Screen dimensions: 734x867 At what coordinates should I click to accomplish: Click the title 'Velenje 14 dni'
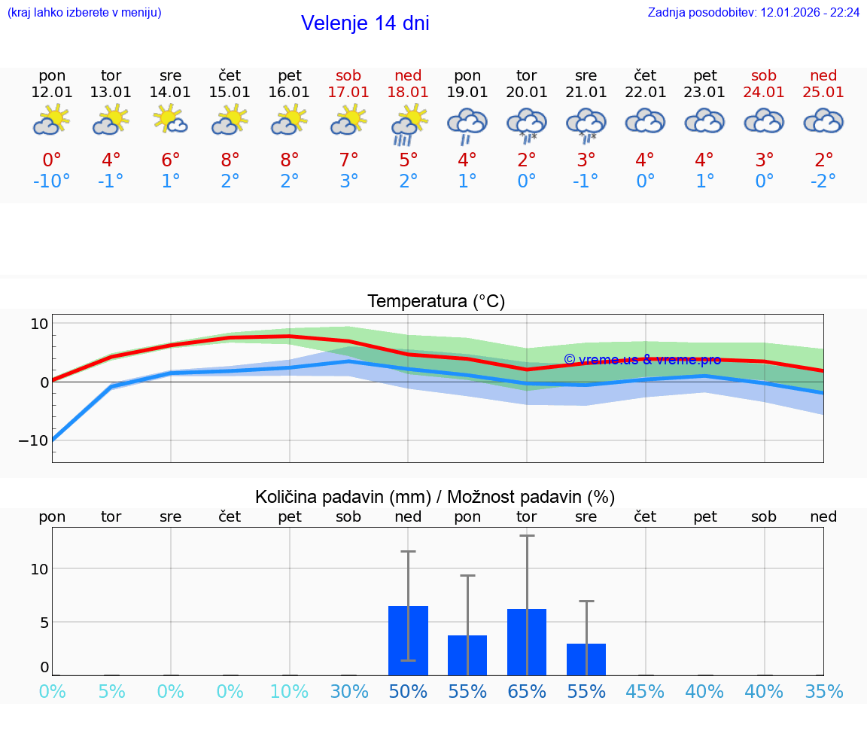coord(365,23)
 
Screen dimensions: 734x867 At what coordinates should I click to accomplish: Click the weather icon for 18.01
coord(408,123)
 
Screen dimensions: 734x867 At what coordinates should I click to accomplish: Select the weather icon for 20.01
coord(526,123)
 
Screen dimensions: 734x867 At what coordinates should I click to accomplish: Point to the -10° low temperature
coord(52,181)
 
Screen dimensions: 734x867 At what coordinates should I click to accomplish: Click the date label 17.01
coord(348,93)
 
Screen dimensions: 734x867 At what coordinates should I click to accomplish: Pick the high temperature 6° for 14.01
coord(171,160)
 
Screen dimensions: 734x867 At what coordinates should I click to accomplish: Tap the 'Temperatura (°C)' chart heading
coord(436,302)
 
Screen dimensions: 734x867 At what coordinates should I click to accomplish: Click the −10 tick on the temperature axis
coord(33,440)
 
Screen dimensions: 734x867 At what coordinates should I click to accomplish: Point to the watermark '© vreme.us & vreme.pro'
coord(642,360)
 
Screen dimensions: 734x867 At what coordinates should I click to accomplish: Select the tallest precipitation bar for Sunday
coord(408,641)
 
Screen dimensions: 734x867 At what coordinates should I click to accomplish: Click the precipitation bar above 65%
coord(526,642)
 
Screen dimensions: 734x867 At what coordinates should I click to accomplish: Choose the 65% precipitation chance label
coord(526,692)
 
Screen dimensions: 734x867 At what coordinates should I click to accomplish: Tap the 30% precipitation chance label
coord(349,692)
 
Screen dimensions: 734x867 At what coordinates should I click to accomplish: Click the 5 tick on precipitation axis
coord(44,623)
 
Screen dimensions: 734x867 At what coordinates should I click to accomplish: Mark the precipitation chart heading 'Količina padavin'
coord(435,497)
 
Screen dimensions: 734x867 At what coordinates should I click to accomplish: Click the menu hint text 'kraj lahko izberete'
coord(84,13)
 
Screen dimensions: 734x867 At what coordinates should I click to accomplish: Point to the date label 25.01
coord(823,93)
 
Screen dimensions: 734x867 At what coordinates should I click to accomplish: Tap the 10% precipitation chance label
coord(290,692)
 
